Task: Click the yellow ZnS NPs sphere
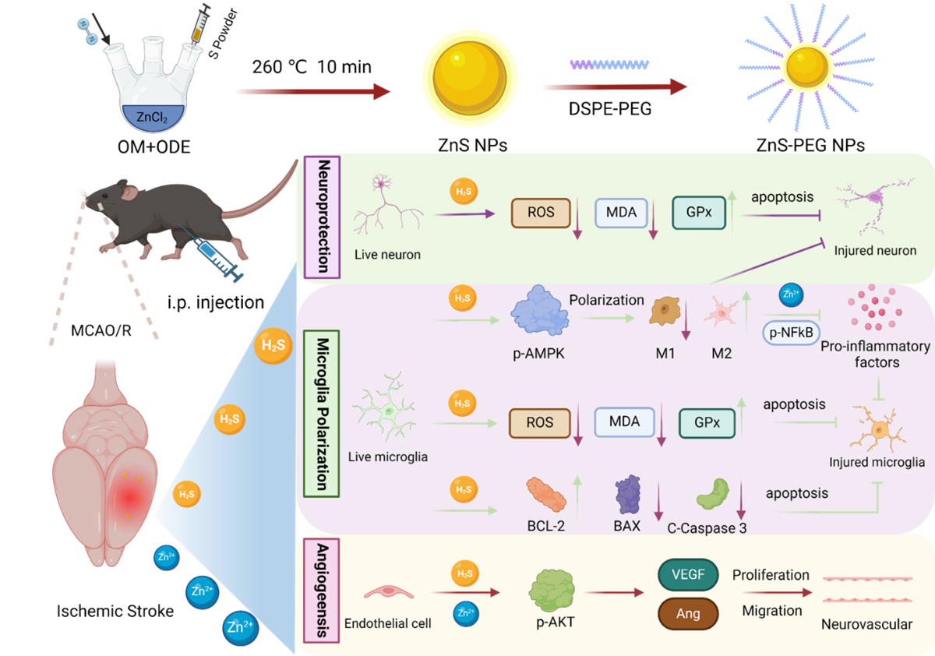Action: (464, 82)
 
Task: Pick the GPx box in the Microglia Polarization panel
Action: (706, 423)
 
